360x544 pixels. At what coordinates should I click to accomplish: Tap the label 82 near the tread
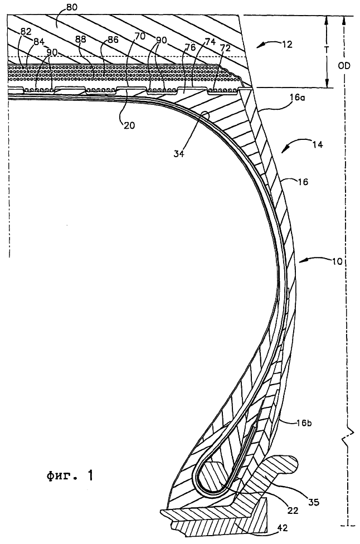pyautogui.click(x=26, y=31)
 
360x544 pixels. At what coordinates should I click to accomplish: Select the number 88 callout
pyautogui.click(x=81, y=40)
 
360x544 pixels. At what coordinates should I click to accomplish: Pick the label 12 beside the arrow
pyautogui.click(x=287, y=45)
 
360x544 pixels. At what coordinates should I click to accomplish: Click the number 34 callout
pyautogui.click(x=179, y=154)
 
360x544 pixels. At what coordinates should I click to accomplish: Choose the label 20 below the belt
pyautogui.click(x=129, y=125)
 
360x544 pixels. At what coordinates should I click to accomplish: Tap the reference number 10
pyautogui.click(x=337, y=261)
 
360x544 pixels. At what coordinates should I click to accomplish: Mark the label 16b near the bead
pyautogui.click(x=304, y=423)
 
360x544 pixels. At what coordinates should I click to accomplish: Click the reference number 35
pyautogui.click(x=314, y=502)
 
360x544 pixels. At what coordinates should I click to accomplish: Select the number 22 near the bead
pyautogui.click(x=293, y=511)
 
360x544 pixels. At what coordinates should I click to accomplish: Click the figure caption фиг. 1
pyautogui.click(x=70, y=475)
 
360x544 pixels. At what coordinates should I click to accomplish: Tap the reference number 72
pyautogui.click(x=226, y=48)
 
